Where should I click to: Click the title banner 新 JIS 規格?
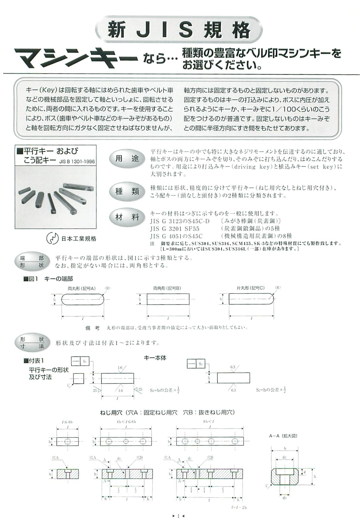pos(179,30)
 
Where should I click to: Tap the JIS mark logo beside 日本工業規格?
pos(52,238)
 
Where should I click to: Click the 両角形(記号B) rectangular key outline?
pos(168,299)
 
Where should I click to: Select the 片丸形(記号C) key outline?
pos(250,299)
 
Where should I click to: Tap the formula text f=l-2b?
pos(239,507)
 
